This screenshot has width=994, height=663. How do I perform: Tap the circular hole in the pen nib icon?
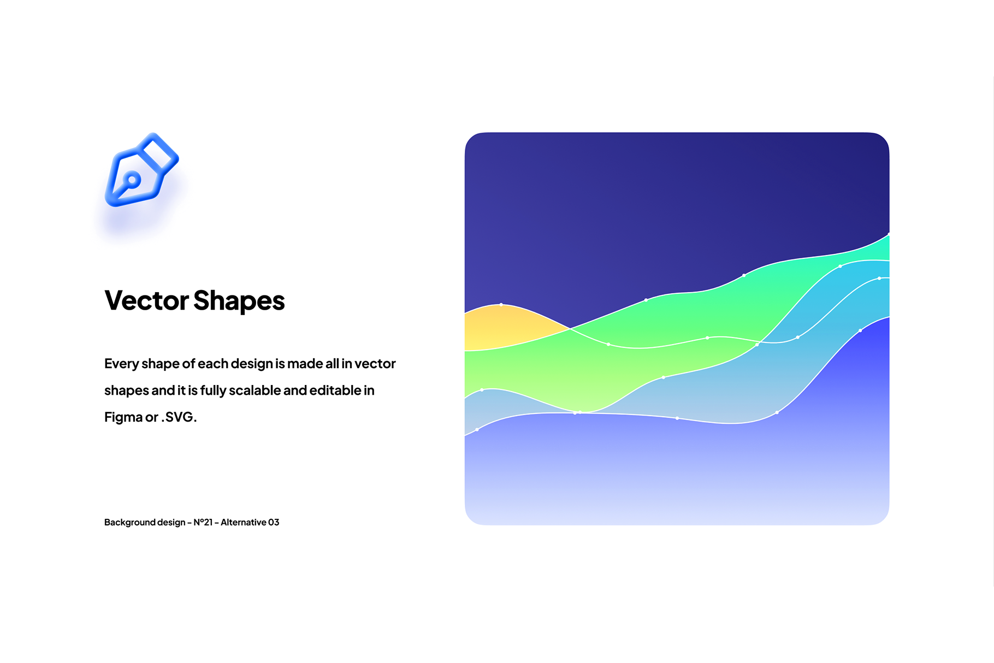click(132, 179)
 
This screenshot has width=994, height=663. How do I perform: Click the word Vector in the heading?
click(146, 300)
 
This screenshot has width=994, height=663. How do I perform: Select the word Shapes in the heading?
click(239, 301)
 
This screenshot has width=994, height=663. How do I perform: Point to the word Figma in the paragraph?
click(123, 418)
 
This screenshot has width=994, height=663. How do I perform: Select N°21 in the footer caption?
click(203, 522)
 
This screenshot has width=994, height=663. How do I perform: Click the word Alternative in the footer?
click(243, 522)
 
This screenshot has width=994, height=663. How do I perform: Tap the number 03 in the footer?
click(274, 522)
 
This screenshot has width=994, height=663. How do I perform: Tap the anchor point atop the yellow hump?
click(501, 305)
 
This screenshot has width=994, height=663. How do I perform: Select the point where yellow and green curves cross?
click(570, 328)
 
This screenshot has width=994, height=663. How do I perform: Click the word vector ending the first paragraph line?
click(375, 364)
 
